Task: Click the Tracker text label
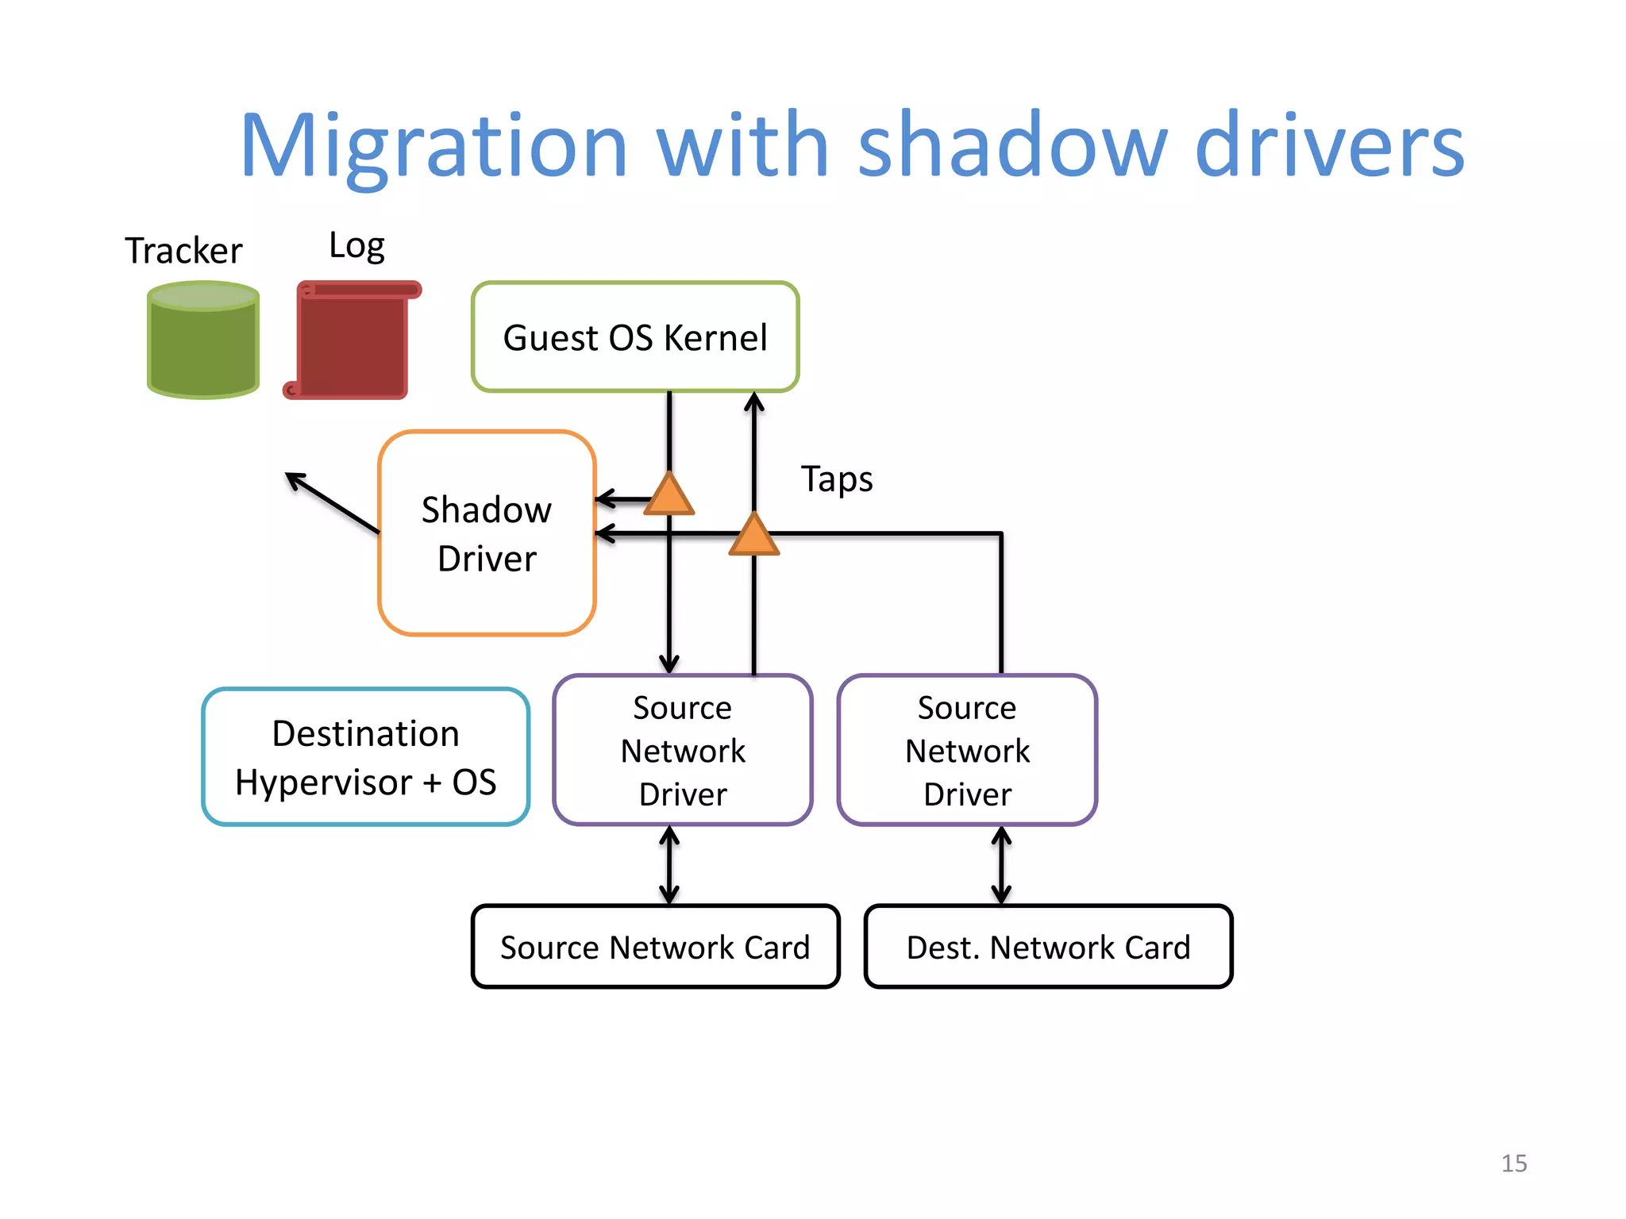[x=183, y=251]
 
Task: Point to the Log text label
[x=356, y=246]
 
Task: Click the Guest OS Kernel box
[x=635, y=337]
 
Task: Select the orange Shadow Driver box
[x=487, y=533]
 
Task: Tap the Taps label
[x=837, y=479]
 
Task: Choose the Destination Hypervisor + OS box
[x=366, y=757]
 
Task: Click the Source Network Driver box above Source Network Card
[x=683, y=751]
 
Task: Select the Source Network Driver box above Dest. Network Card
[x=967, y=751]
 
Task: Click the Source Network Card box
[x=655, y=947]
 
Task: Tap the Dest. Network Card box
[x=1048, y=947]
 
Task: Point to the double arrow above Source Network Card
[x=669, y=865]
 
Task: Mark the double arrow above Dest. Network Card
[x=1001, y=865]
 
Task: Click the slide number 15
[x=1513, y=1163]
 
